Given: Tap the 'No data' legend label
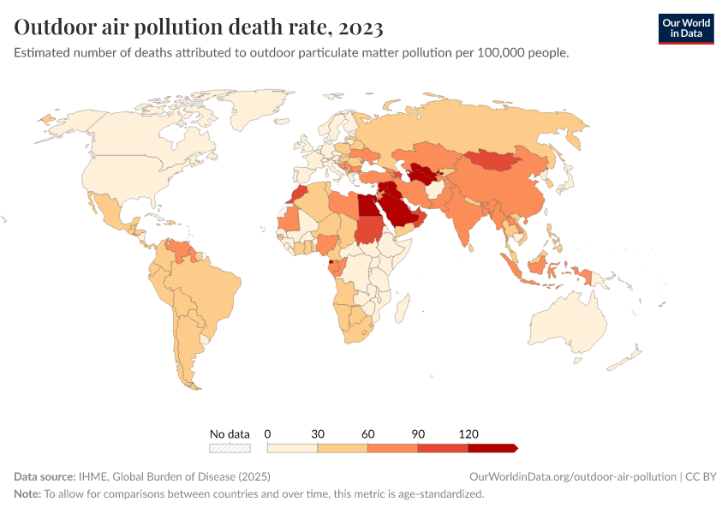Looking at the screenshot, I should (x=230, y=433).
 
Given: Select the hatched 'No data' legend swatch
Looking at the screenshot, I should (x=230, y=448).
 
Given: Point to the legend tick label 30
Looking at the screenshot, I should (x=318, y=433).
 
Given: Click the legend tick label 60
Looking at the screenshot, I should (x=367, y=433).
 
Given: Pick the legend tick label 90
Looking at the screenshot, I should (x=418, y=433).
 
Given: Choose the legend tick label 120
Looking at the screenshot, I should (x=468, y=433).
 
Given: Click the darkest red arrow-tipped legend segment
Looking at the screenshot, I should (x=492, y=448).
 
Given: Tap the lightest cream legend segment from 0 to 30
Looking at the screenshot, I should (x=292, y=448).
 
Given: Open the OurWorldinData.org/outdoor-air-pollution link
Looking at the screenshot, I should (x=572, y=476).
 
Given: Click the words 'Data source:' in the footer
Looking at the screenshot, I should (x=45, y=476).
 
